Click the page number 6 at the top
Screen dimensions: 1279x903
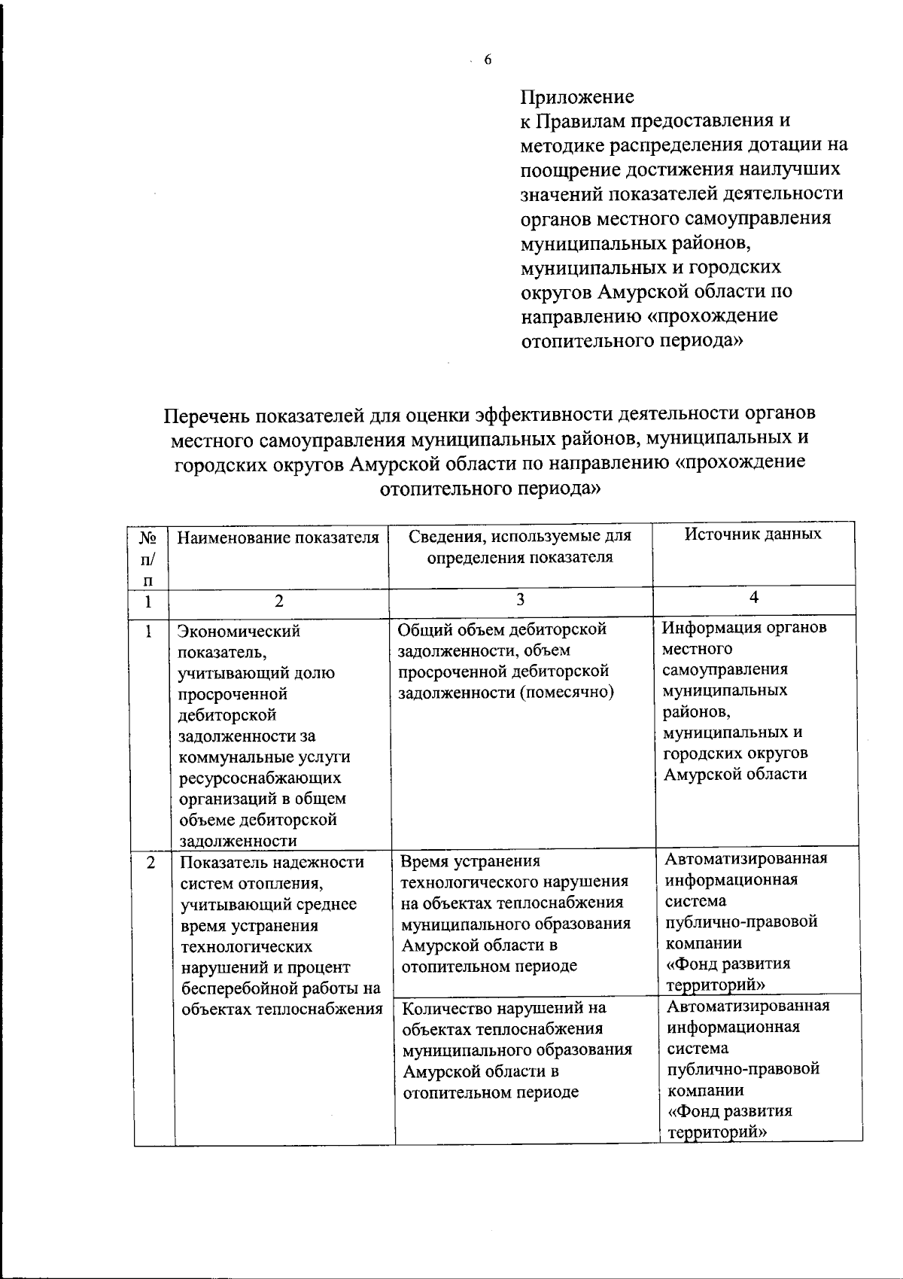click(x=488, y=60)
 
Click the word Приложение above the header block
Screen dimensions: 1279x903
click(x=577, y=97)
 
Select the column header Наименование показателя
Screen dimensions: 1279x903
click(x=278, y=537)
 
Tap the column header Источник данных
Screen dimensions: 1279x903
click(x=753, y=534)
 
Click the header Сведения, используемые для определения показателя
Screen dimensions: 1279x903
click(x=519, y=547)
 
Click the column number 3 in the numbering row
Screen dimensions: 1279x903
click(x=520, y=599)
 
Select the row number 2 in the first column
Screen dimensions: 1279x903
click(x=151, y=863)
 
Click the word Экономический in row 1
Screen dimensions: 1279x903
click(x=239, y=631)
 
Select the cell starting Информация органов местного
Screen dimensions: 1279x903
click(x=744, y=700)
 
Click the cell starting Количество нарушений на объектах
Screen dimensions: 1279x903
click(x=517, y=1049)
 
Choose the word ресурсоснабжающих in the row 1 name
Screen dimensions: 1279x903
click(x=260, y=778)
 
